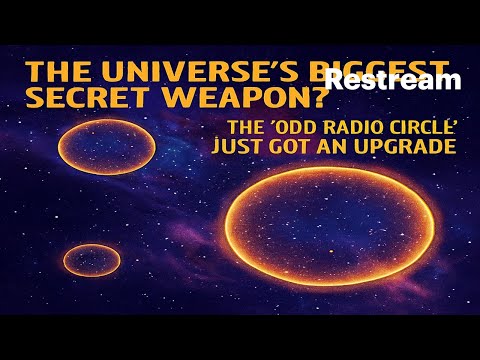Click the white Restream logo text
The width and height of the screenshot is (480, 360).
391,81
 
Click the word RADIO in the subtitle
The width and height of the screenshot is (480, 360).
333,128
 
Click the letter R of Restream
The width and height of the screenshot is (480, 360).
333,81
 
